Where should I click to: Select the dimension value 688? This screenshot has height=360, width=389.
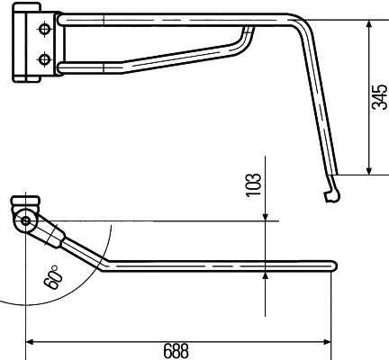pyautogui.click(x=176, y=351)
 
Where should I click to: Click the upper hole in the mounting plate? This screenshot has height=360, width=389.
pyautogui.click(x=43, y=30)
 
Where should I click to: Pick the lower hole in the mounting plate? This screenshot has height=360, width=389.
pyautogui.click(x=43, y=59)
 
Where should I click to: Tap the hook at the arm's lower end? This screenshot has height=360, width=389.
pyautogui.click(x=330, y=193)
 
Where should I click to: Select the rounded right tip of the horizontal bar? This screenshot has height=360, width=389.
pyautogui.click(x=333, y=265)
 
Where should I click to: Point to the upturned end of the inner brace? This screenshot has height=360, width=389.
pyautogui.click(x=249, y=31)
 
